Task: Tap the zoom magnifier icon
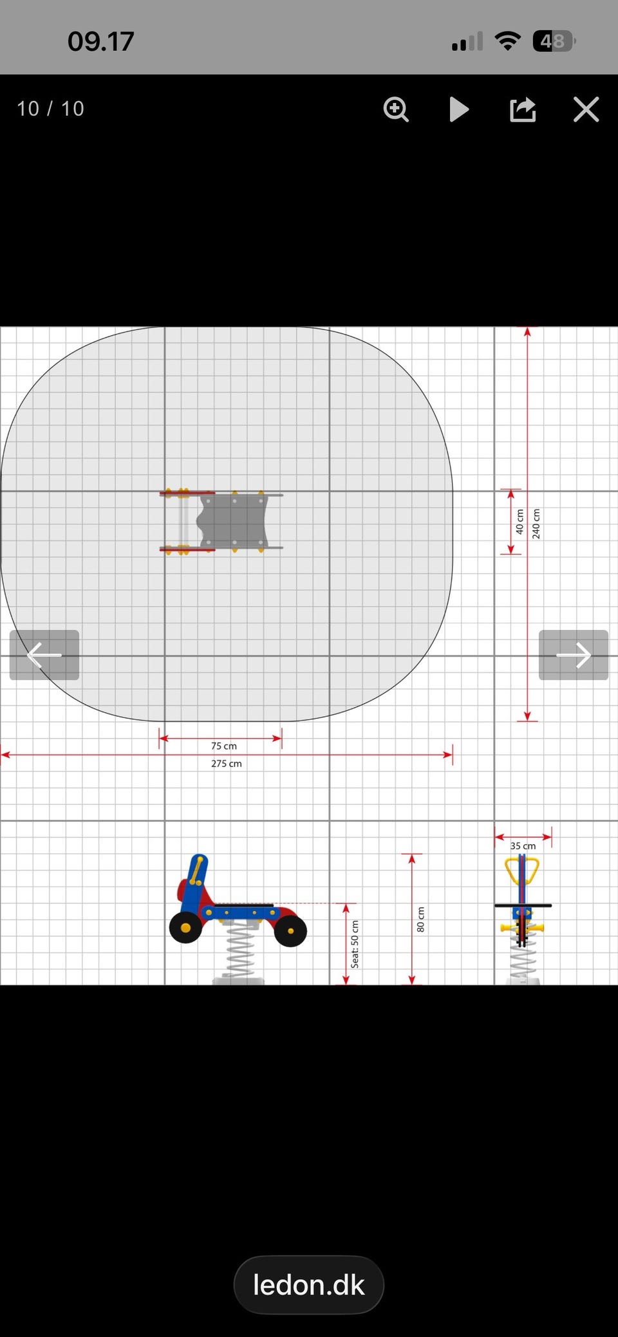tap(396, 109)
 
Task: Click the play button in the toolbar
tap(458, 109)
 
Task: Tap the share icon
tap(523, 109)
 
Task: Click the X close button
tap(586, 109)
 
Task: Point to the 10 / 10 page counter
tap(50, 109)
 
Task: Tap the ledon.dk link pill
tap(309, 1285)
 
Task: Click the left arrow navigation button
tap(44, 655)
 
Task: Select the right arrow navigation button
tap(574, 655)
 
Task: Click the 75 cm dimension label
tap(224, 746)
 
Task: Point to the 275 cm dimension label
tap(227, 764)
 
